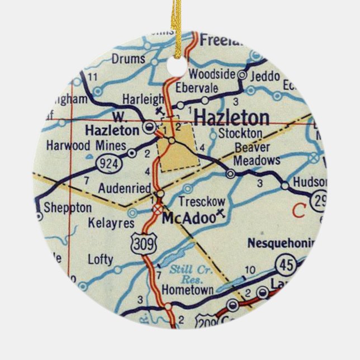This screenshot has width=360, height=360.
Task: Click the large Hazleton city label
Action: pyautogui.click(x=231, y=118)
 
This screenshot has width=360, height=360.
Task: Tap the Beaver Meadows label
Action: pyautogui.click(x=257, y=154)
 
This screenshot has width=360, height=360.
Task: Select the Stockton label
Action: pyautogui.click(x=240, y=133)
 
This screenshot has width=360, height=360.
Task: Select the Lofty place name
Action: pyautogui.click(x=100, y=259)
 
